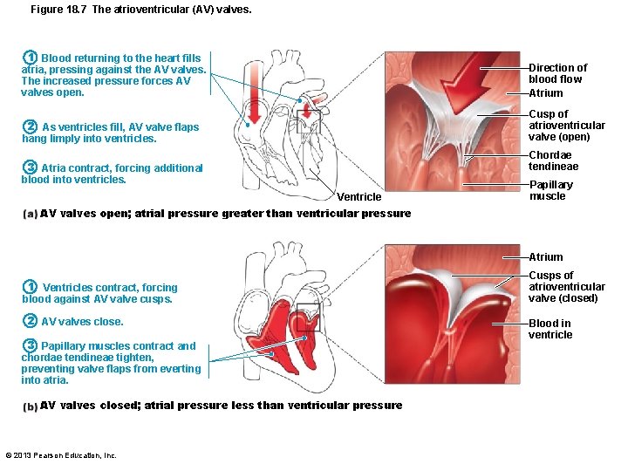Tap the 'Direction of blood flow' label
(x=557, y=73)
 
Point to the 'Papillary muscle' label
(x=551, y=190)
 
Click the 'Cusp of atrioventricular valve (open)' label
(x=559, y=126)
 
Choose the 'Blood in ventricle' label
(x=550, y=329)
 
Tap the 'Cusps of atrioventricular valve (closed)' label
(x=566, y=287)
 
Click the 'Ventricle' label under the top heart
(x=359, y=197)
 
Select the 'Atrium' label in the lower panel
(x=546, y=257)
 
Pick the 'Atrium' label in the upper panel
(x=546, y=93)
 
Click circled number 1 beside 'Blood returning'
(x=29, y=58)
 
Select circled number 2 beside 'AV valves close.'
(x=30, y=321)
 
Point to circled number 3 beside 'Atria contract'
(x=30, y=167)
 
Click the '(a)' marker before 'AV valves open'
(x=31, y=214)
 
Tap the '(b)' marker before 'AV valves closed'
(x=31, y=406)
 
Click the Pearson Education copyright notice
(x=61, y=455)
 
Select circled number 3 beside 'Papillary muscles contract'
(x=30, y=345)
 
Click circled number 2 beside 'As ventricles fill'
(x=30, y=126)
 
